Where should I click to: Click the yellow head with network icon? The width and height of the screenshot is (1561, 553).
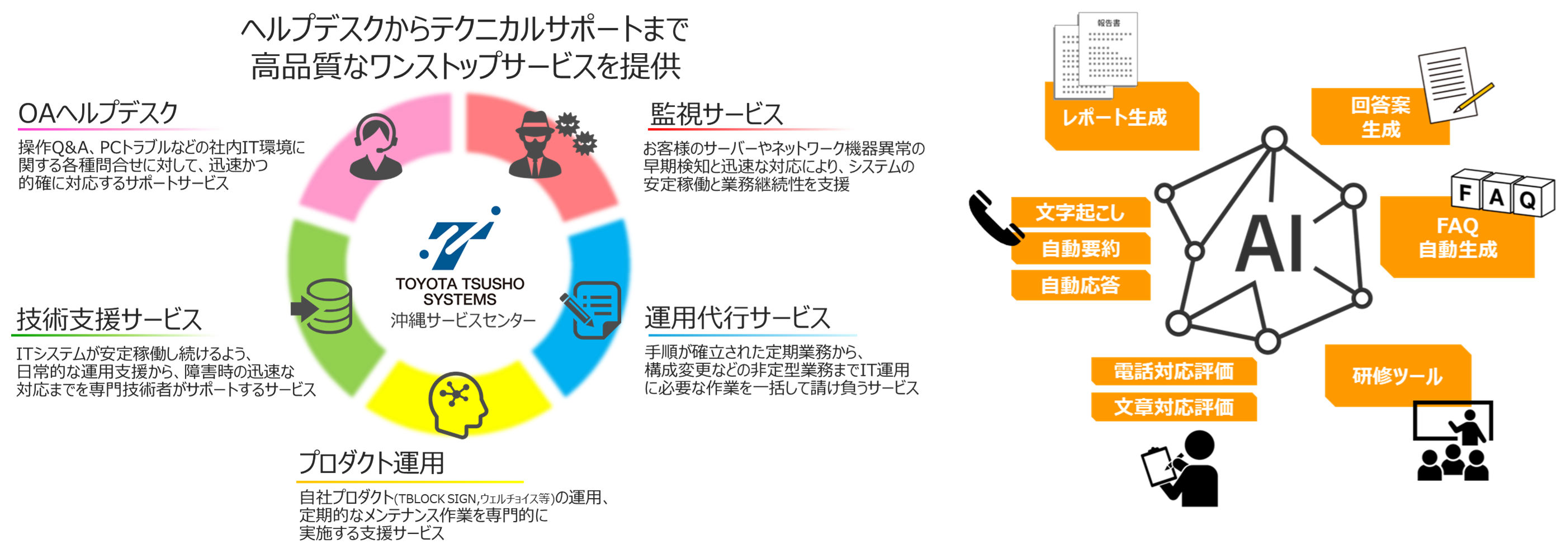457,403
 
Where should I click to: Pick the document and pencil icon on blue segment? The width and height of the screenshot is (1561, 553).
593,309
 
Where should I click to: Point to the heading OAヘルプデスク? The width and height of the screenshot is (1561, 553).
98,114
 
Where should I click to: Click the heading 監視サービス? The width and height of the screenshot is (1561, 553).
716,114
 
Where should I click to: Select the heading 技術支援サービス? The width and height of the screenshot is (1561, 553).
109,319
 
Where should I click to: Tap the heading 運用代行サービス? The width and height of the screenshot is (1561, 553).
737,318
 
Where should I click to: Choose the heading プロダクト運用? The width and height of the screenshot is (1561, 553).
371,464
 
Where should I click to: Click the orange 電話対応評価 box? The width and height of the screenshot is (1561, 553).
1173,371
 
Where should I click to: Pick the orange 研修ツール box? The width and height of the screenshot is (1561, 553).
1397,376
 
